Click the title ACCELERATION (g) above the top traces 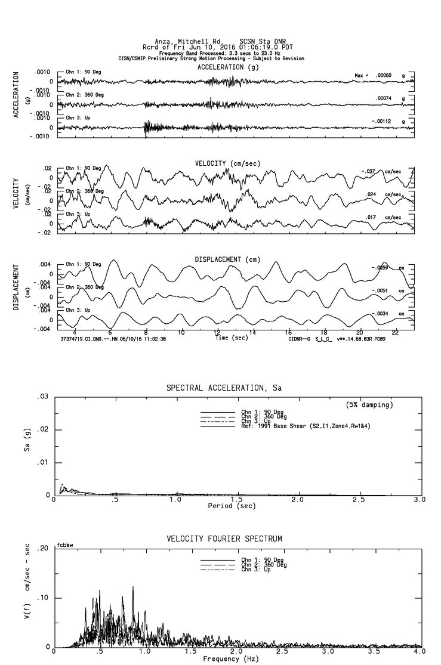[x=229, y=67]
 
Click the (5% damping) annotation [x=369, y=405]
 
